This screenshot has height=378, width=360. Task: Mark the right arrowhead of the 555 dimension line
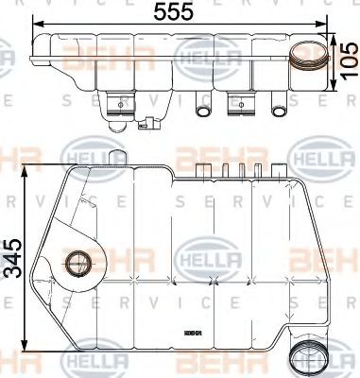[331, 25]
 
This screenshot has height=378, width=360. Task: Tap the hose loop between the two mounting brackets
[202, 110]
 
